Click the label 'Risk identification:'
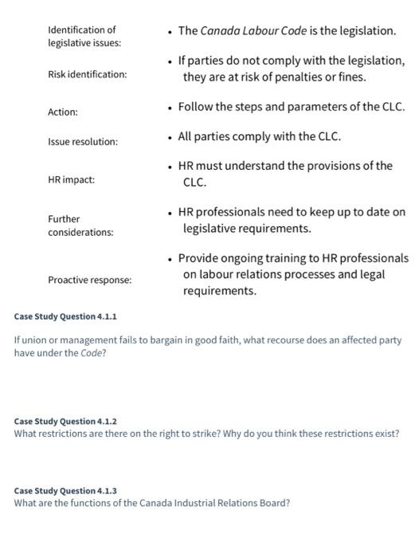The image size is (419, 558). tap(87, 74)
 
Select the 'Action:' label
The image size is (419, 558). tap(63, 112)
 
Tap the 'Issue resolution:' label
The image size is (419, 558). tap(82, 141)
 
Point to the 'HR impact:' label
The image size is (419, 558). tap(71, 180)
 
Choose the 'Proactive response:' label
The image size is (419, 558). tap(90, 281)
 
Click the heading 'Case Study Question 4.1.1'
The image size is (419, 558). tap(65, 316)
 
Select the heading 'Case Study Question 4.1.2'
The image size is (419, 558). tap(65, 421)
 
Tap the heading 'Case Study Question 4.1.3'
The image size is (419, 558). tap(65, 491)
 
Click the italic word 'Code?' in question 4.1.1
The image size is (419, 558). tap(92, 353)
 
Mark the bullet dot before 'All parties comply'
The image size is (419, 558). tap(170, 137)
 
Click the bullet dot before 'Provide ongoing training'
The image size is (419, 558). tap(170, 258)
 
